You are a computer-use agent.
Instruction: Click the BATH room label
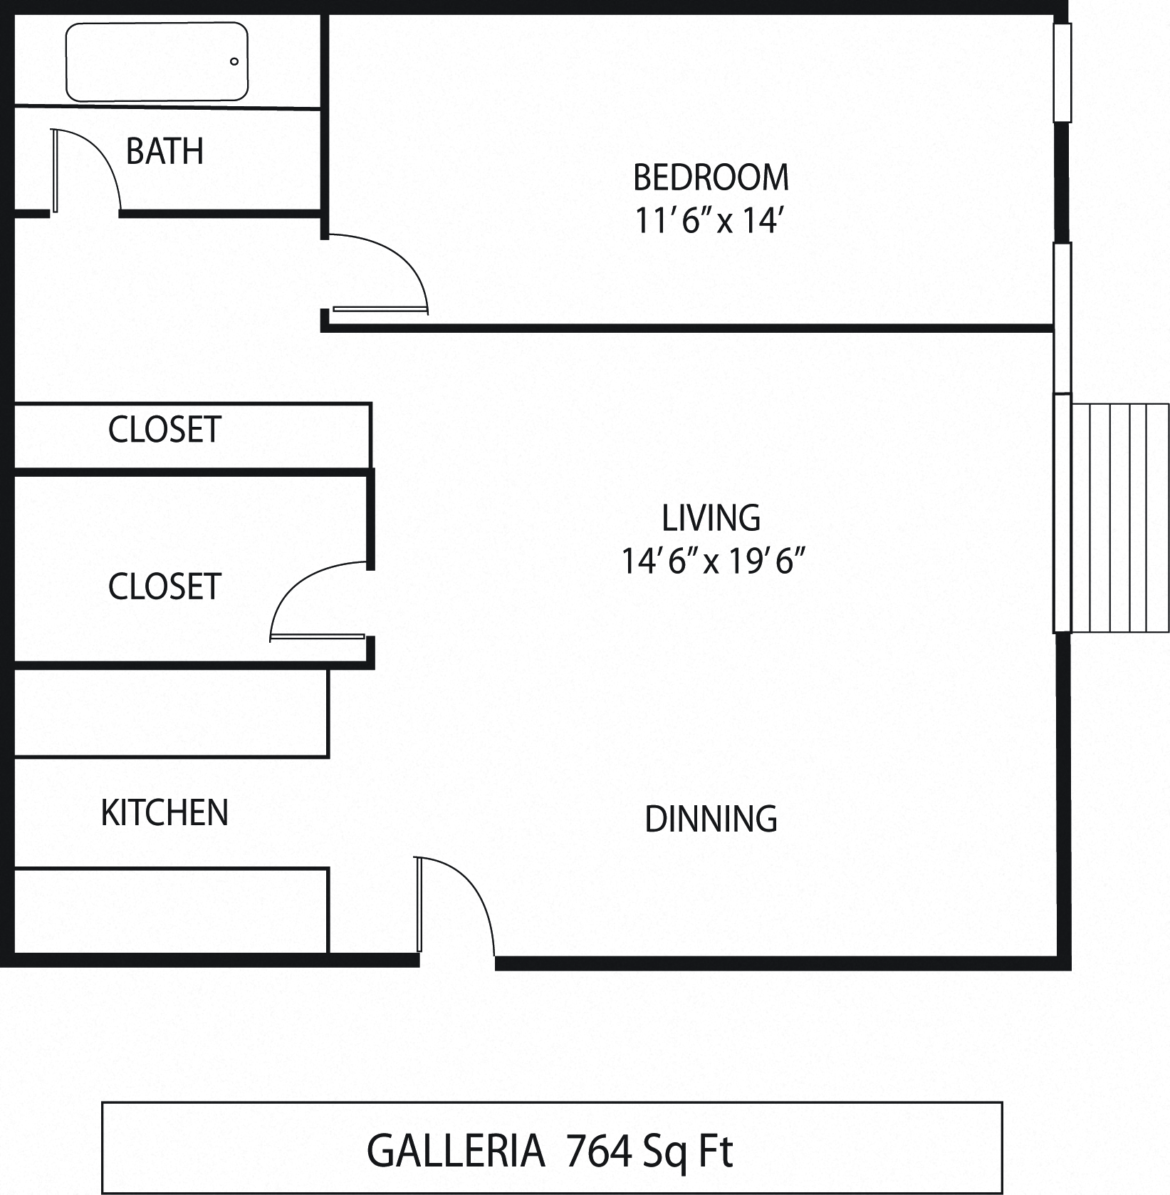tap(164, 151)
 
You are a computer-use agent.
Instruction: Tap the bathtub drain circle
tap(234, 61)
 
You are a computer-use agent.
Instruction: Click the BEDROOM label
tap(711, 177)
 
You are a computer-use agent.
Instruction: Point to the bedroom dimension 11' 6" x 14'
tap(711, 221)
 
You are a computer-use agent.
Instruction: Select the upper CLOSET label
tap(164, 430)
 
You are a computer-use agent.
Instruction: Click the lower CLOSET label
tap(164, 586)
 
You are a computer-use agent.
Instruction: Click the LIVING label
tap(711, 518)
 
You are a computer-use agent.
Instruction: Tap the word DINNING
tap(711, 819)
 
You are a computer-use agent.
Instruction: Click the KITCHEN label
tap(164, 812)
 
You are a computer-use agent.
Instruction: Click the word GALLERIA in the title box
tap(456, 1151)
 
